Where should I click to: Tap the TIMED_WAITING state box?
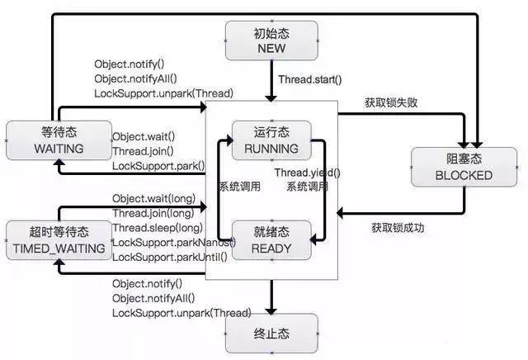[58, 239]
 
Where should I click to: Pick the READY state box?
[271, 239]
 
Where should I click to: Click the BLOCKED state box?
[463, 167]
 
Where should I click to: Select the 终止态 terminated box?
[271, 337]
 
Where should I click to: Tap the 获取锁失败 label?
[392, 103]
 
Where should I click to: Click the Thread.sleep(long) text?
[157, 227]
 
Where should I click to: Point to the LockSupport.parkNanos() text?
[173, 242]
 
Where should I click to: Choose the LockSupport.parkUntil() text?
[170, 257]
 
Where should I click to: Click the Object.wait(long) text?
[155, 198]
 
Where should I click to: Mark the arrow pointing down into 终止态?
[271, 297]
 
